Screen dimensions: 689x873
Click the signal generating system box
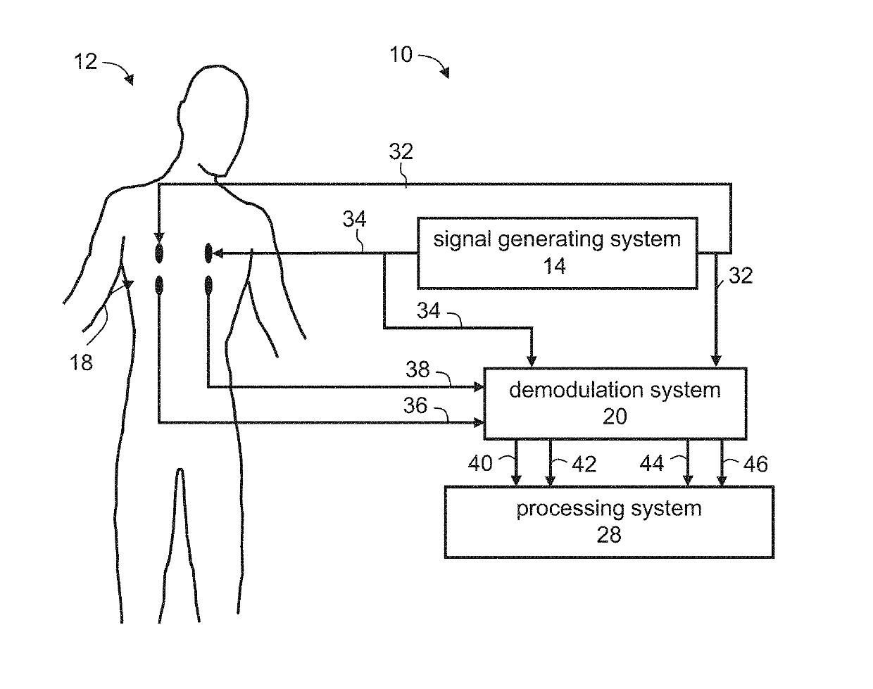pyautogui.click(x=557, y=253)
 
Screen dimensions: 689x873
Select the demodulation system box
pyautogui.click(x=614, y=403)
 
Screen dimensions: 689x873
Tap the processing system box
pyautogui.click(x=608, y=522)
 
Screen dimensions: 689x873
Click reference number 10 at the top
pyautogui.click(x=401, y=54)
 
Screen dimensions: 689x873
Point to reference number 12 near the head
pyautogui.click(x=86, y=62)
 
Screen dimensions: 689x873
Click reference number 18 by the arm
pyautogui.click(x=82, y=363)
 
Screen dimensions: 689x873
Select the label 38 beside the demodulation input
pyautogui.click(x=417, y=369)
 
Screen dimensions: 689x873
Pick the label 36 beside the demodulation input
pyautogui.click(x=415, y=405)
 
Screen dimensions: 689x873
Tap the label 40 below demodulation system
pyautogui.click(x=480, y=463)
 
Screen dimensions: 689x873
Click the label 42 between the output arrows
pyautogui.click(x=583, y=464)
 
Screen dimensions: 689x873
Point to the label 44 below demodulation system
pyautogui.click(x=651, y=463)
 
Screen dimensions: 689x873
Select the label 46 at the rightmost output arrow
pyautogui.click(x=755, y=464)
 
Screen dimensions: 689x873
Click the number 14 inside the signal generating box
pyautogui.click(x=555, y=267)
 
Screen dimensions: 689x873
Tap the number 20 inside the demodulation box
pyautogui.click(x=615, y=417)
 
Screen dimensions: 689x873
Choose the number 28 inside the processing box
pyautogui.click(x=609, y=535)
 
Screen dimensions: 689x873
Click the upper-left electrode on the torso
pyautogui.click(x=159, y=251)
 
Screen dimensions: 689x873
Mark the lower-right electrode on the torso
pyautogui.click(x=208, y=285)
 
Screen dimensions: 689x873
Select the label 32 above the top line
pyautogui.click(x=401, y=152)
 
